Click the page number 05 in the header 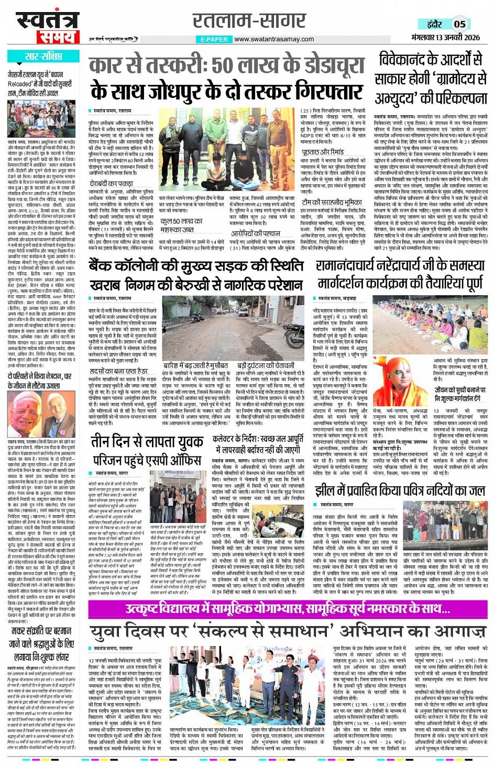[x=459, y=24]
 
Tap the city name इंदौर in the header [x=434, y=24]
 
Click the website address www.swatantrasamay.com [x=274, y=39]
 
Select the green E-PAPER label [x=214, y=39]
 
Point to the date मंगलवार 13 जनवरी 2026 [x=445, y=37]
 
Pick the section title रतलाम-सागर [x=249, y=21]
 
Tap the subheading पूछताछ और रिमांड [x=322, y=152]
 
